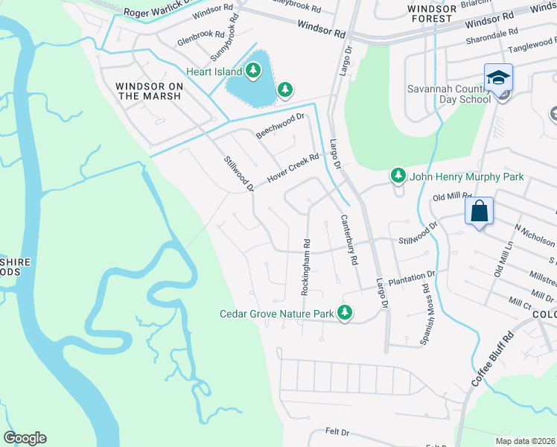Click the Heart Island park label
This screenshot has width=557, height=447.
click(x=214, y=72)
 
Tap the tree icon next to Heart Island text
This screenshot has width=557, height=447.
click(x=254, y=71)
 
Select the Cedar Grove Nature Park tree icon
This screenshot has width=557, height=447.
click(x=344, y=314)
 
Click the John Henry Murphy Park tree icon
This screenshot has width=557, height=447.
click(x=398, y=177)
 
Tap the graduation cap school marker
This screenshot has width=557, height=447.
click(x=498, y=77)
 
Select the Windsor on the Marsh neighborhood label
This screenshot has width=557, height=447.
click(x=149, y=91)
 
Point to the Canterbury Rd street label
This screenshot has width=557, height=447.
click(x=350, y=240)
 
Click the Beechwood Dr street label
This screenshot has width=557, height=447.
click(x=281, y=125)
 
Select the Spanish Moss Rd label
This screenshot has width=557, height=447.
click(x=427, y=303)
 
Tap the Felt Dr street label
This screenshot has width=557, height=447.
click(x=337, y=432)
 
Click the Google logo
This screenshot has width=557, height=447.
click(x=25, y=438)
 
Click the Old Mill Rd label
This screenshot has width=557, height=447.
click(x=452, y=197)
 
